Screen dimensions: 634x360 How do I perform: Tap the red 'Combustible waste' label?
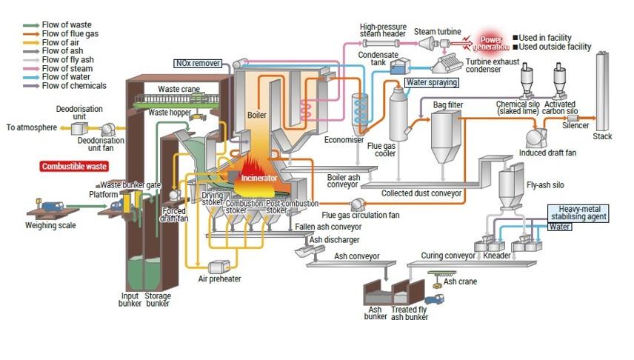click(x=74, y=166)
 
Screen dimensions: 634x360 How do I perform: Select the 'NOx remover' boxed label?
click(x=198, y=63)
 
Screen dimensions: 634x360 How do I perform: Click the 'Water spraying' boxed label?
click(x=432, y=82)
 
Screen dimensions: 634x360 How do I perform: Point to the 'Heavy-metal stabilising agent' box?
click(x=578, y=213)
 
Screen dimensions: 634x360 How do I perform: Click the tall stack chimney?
click(x=602, y=91)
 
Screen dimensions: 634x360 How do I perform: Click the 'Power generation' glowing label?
click(x=490, y=43)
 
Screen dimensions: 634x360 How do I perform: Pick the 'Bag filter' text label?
click(x=448, y=105)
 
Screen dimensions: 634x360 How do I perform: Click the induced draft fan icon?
click(x=536, y=138)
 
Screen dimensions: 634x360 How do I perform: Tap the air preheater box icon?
click(x=218, y=267)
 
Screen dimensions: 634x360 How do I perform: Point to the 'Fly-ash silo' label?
click(x=545, y=185)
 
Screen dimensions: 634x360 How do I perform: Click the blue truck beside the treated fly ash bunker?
click(x=434, y=300)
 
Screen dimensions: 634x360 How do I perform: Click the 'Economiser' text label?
click(x=344, y=140)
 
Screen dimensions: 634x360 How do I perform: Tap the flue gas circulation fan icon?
click(x=357, y=204)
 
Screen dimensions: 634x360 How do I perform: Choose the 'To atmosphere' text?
click(x=32, y=127)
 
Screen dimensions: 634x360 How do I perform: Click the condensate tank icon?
click(x=400, y=67)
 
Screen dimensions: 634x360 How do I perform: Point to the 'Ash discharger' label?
click(x=334, y=240)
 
